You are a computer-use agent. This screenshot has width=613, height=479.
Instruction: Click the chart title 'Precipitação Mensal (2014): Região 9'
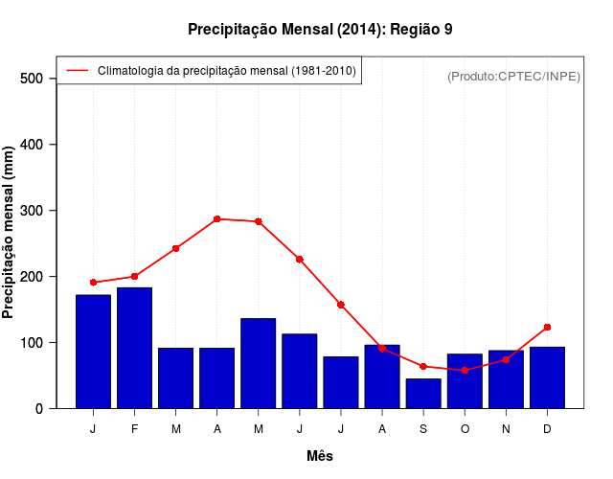(x=320, y=29)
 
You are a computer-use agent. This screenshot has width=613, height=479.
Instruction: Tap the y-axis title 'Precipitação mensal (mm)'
(x=10, y=234)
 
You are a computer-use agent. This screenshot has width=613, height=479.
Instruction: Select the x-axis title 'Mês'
(x=320, y=456)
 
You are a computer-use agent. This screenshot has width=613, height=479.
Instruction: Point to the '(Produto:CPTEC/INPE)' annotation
(x=513, y=76)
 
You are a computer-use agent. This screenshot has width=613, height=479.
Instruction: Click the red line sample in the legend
(x=77, y=71)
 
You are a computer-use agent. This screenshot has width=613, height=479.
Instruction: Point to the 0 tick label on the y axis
(x=39, y=409)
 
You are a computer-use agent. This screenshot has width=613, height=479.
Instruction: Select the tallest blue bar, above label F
(x=134, y=348)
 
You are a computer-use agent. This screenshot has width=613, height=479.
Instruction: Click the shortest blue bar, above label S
(x=423, y=394)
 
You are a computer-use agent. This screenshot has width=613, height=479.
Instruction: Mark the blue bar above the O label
(x=465, y=381)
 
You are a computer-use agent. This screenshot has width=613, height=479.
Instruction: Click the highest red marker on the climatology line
(x=217, y=219)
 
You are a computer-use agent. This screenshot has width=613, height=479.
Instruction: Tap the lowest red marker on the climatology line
(x=465, y=370)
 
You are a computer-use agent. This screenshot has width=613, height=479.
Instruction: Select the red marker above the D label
(x=547, y=328)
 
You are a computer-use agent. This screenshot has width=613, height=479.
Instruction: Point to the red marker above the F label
(x=134, y=276)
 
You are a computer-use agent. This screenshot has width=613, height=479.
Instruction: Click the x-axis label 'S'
(x=423, y=429)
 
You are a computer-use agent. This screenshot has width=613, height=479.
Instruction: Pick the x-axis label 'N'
(x=506, y=429)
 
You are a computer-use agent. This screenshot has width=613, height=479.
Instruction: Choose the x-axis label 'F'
(x=134, y=429)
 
